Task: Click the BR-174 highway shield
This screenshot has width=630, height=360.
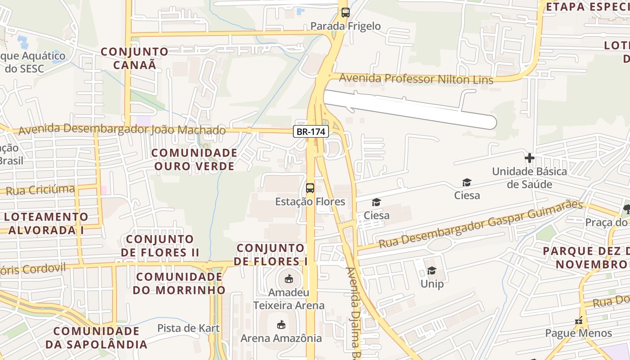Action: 311,132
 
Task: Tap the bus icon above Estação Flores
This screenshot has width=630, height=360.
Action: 310,188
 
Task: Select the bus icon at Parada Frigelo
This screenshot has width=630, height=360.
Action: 345,13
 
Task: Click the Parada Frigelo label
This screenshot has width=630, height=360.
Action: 346,26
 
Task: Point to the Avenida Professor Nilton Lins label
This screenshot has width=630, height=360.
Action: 416,79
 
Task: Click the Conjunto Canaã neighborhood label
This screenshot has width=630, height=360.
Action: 135,58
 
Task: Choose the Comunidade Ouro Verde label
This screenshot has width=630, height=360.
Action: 194,159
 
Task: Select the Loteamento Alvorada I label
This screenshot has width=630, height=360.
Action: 46,223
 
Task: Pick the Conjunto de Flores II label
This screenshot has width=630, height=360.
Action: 160,245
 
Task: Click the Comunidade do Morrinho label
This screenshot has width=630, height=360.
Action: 179,283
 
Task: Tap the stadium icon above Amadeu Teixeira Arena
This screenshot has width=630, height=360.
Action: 289,279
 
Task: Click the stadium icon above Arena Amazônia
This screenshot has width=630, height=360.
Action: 281,324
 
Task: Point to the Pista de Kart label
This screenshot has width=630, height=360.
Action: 189,328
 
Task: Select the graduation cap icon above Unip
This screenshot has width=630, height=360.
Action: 432,270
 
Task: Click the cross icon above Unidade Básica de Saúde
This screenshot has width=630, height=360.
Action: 530,158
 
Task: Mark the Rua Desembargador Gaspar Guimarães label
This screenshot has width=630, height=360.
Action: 480,225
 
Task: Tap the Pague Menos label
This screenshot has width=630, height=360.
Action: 578,333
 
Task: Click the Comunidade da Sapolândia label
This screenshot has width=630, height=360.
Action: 96,338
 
